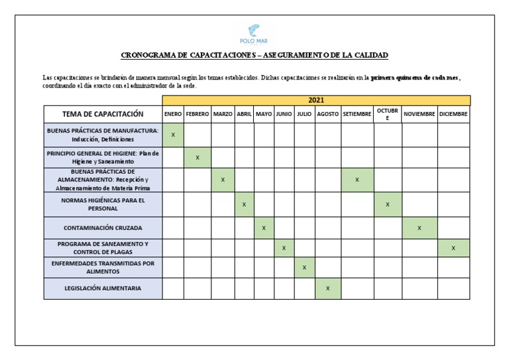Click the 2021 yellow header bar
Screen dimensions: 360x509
tap(316, 100)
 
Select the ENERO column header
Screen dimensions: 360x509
tap(173, 114)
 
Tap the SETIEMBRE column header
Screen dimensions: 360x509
tap(357, 114)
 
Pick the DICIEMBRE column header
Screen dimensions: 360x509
tap(453, 114)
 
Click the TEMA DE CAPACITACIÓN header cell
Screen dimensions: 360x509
tap(103, 114)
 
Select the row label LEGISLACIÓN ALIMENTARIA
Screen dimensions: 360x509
tap(103, 288)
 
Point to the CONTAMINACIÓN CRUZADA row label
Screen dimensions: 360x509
tap(103, 228)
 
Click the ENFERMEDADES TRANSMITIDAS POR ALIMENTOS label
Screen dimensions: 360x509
tap(103, 267)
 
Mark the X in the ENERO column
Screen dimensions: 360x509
tap(173, 135)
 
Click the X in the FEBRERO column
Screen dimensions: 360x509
tap(198, 158)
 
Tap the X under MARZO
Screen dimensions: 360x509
tap(223, 180)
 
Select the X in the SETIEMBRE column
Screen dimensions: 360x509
tap(357, 180)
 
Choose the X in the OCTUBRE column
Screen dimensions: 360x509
tap(388, 204)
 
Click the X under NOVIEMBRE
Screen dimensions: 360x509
tap(420, 228)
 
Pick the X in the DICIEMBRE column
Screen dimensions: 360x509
tap(453, 248)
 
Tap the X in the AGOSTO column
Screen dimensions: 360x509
tap(328, 288)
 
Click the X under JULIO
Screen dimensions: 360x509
tap(304, 267)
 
